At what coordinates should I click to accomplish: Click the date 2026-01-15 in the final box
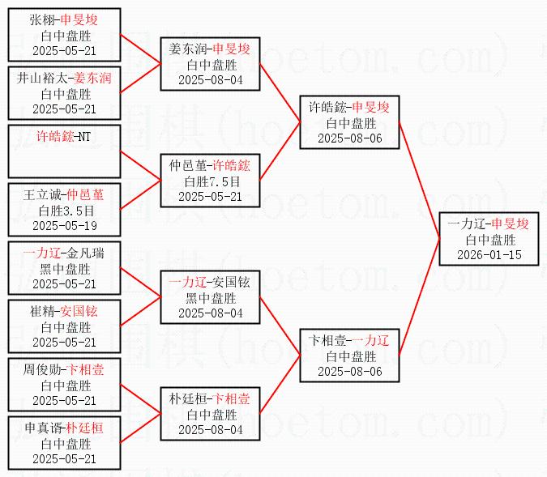click(489, 255)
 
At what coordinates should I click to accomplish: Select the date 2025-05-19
click(65, 226)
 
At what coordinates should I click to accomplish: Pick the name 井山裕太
click(42, 78)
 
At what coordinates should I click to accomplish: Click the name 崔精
click(42, 311)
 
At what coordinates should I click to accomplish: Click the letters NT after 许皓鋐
click(84, 136)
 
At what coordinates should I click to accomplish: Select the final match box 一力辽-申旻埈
click(489, 239)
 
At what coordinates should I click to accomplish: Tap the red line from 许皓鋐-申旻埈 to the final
click(419, 181)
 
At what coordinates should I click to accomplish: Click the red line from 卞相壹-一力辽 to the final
click(419, 297)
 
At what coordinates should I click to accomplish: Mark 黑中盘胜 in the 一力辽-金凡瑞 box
click(65, 269)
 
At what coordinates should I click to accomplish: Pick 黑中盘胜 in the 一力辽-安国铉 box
click(211, 298)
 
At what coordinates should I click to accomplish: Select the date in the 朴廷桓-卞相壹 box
click(211, 429)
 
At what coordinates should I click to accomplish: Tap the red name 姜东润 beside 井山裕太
click(92, 78)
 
